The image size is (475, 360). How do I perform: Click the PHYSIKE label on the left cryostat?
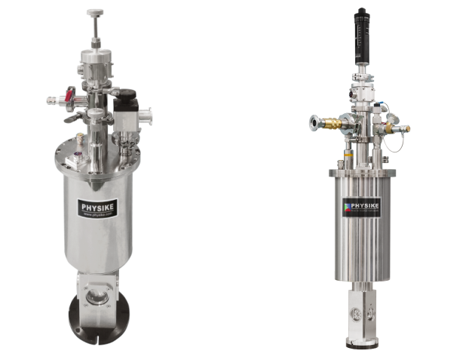tap(98, 206)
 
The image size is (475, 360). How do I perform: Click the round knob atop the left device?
tap(95, 14)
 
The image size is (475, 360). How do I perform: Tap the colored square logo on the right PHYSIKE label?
tap(347, 205)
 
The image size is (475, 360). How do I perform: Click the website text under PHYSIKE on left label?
tap(98, 214)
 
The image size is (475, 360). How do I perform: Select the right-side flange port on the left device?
tap(150, 120)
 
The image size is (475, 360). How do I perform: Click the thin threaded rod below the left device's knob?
tap(96, 29)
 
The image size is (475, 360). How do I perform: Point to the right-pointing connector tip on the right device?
tap(406, 128)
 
